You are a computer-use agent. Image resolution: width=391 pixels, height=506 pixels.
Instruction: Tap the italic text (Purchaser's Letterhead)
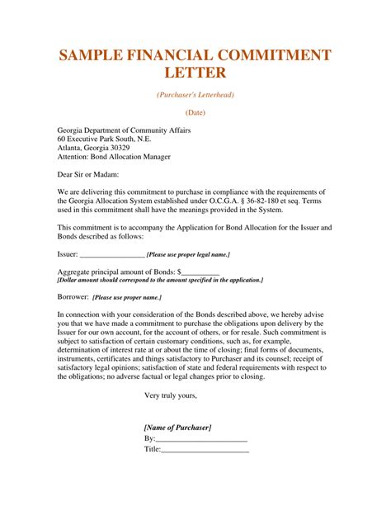(x=195, y=95)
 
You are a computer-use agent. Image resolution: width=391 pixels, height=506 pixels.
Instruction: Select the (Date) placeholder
(x=195, y=111)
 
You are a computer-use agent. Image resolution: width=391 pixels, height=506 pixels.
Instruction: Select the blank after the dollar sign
(x=200, y=272)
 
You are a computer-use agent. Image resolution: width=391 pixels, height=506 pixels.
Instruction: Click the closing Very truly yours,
(x=171, y=395)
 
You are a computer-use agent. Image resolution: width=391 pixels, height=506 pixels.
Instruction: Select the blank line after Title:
(x=205, y=450)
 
